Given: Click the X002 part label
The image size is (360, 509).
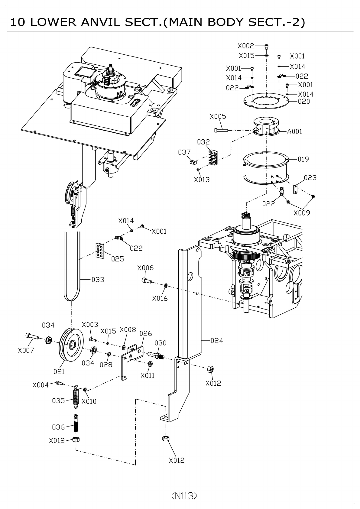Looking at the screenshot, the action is pos(246,46).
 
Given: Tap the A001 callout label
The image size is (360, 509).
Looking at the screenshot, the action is pos(294,131).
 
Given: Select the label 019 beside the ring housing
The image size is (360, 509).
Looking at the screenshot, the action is pos(303,159).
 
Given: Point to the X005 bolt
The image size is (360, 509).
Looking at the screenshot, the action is pos(221,130).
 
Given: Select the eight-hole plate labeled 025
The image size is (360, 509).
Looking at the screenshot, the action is pos(100,251).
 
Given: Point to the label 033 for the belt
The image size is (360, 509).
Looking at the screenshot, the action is pos(98,280).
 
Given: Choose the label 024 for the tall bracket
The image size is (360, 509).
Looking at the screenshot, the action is pos(217,340).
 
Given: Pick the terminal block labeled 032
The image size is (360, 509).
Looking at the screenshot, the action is pos(213,157).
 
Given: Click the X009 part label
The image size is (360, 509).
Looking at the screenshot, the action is pos(302,213).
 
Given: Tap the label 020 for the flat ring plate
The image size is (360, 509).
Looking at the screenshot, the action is pos(304,101).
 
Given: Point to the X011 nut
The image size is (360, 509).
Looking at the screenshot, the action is pos(150,364).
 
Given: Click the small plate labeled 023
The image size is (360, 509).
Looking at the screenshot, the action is pos(295,189).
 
